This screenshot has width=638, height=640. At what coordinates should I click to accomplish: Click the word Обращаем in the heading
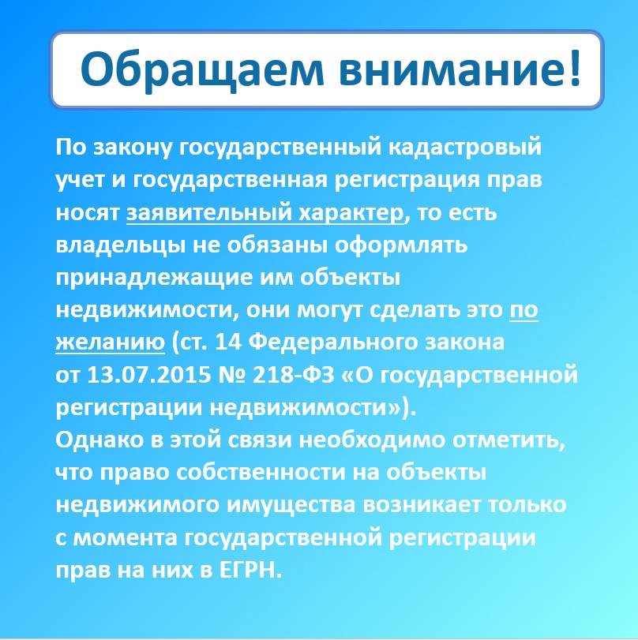pyautogui.click(x=202, y=69)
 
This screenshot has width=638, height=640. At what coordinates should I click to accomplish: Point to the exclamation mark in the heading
pyautogui.click(x=575, y=67)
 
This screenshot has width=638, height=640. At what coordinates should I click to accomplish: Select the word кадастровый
pyautogui.click(x=464, y=148)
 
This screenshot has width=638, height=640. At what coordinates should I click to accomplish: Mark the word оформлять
pyautogui.click(x=401, y=245)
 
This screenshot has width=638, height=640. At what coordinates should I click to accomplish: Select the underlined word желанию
pyautogui.click(x=111, y=342)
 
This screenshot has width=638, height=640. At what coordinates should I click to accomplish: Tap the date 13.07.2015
pyautogui.click(x=149, y=375)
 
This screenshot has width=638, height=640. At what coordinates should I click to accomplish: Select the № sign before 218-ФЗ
pyautogui.click(x=232, y=375)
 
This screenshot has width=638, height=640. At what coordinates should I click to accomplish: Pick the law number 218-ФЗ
pyautogui.click(x=294, y=375)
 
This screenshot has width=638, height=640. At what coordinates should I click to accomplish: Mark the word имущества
pyautogui.click(x=291, y=506)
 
